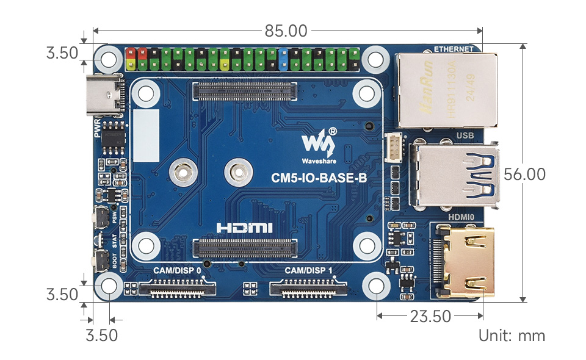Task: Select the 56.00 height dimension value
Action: tap(524, 174)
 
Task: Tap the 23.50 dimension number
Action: tap(431, 316)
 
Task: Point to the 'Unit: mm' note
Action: tap(512, 335)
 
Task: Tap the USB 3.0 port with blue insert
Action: tap(455, 174)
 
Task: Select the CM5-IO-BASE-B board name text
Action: tap(319, 179)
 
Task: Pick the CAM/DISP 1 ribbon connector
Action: tap(309, 287)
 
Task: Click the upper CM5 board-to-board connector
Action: tap(245, 92)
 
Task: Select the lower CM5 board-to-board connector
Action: tap(245, 248)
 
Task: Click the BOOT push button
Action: tap(99, 261)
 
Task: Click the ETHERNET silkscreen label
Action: tap(454, 49)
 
